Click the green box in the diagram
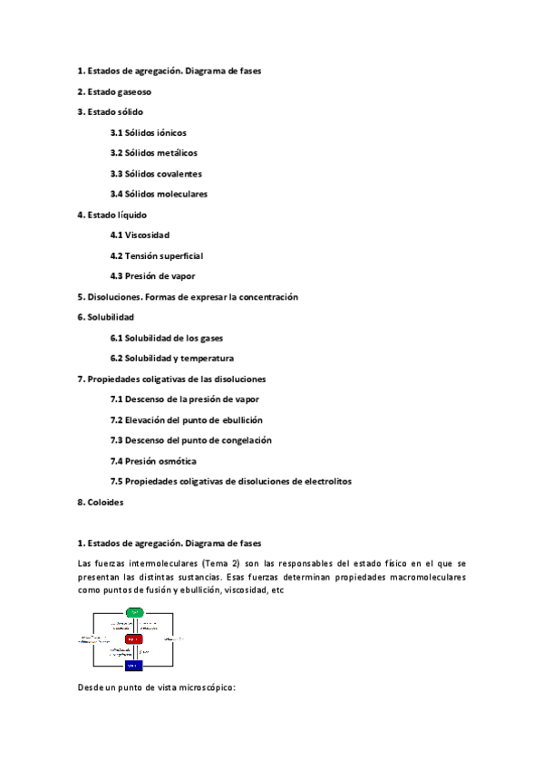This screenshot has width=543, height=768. (135, 613)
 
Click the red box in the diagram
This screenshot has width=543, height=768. (134, 639)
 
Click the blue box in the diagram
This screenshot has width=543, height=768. (134, 666)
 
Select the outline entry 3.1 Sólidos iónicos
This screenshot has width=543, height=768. (149, 132)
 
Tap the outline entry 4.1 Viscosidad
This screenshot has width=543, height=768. (140, 235)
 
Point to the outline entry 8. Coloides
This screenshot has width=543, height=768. (101, 502)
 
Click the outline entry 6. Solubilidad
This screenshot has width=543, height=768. (106, 317)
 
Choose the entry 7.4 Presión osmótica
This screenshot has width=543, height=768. (153, 461)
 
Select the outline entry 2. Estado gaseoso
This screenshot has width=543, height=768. (114, 91)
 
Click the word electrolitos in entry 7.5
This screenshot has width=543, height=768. (323, 481)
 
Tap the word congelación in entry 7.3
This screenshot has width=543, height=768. (239, 440)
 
